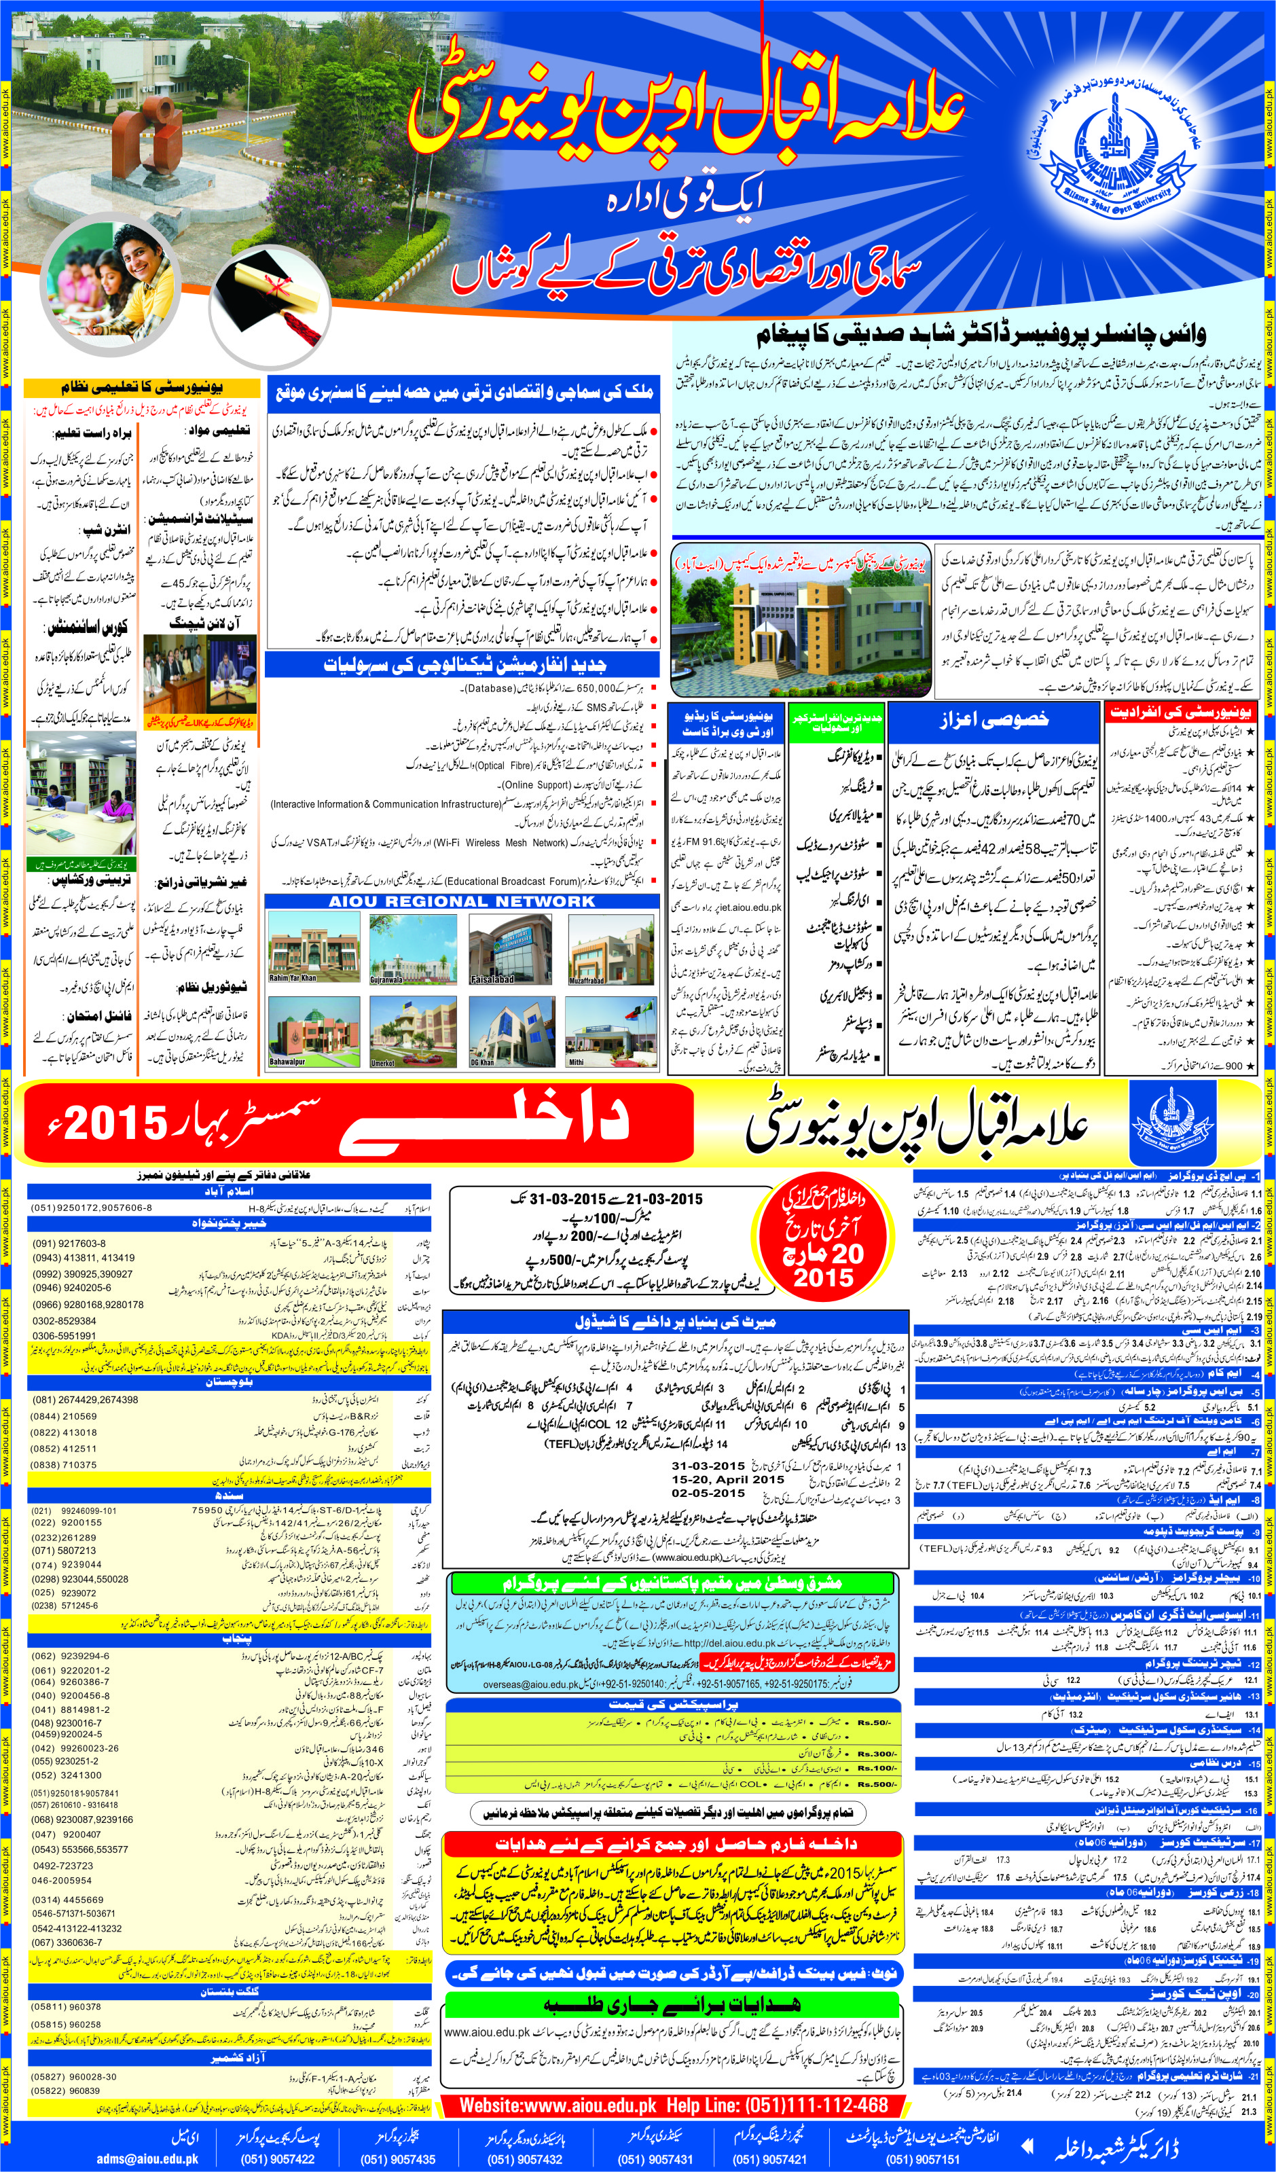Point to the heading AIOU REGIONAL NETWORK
[462, 901]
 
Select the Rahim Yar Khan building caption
[292, 978]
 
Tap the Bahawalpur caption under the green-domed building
[288, 1062]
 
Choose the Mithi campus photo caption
[577, 1062]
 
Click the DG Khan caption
[482, 1062]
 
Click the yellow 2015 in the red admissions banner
[103, 1123]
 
